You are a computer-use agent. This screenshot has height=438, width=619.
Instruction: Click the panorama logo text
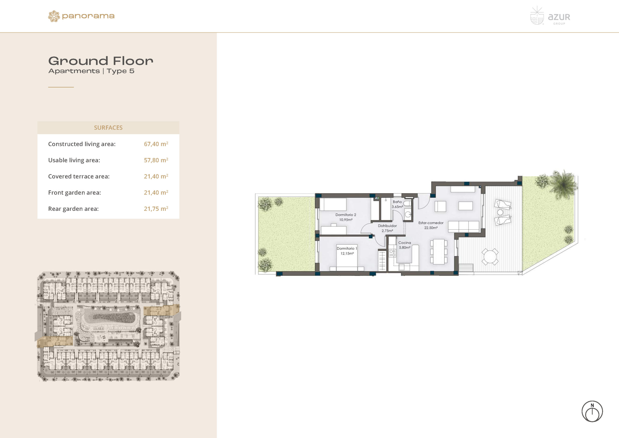pos(88,16)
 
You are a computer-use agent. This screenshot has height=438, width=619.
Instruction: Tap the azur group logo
pos(550,16)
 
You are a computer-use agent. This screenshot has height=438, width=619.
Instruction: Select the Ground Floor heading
pos(101,61)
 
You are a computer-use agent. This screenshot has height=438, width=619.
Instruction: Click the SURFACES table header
pos(108,128)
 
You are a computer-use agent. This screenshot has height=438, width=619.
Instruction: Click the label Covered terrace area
pos(79,176)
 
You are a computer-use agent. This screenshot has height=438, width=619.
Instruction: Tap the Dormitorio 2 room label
pos(346,215)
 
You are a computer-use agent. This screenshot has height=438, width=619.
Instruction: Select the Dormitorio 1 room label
pos(347,249)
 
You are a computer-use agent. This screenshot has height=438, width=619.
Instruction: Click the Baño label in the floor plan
pos(397,202)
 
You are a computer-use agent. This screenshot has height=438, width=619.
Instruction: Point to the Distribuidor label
pos(387,226)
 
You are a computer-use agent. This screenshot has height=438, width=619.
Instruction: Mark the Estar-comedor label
pos(431,223)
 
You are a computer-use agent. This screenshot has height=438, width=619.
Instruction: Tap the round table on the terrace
pos(490,257)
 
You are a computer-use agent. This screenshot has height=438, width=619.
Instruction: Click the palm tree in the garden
pos(563,184)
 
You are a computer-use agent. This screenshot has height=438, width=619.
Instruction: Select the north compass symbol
pos(592,411)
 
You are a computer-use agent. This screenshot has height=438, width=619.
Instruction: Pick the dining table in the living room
pos(439,252)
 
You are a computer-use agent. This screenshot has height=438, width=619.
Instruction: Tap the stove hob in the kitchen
pos(392,253)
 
